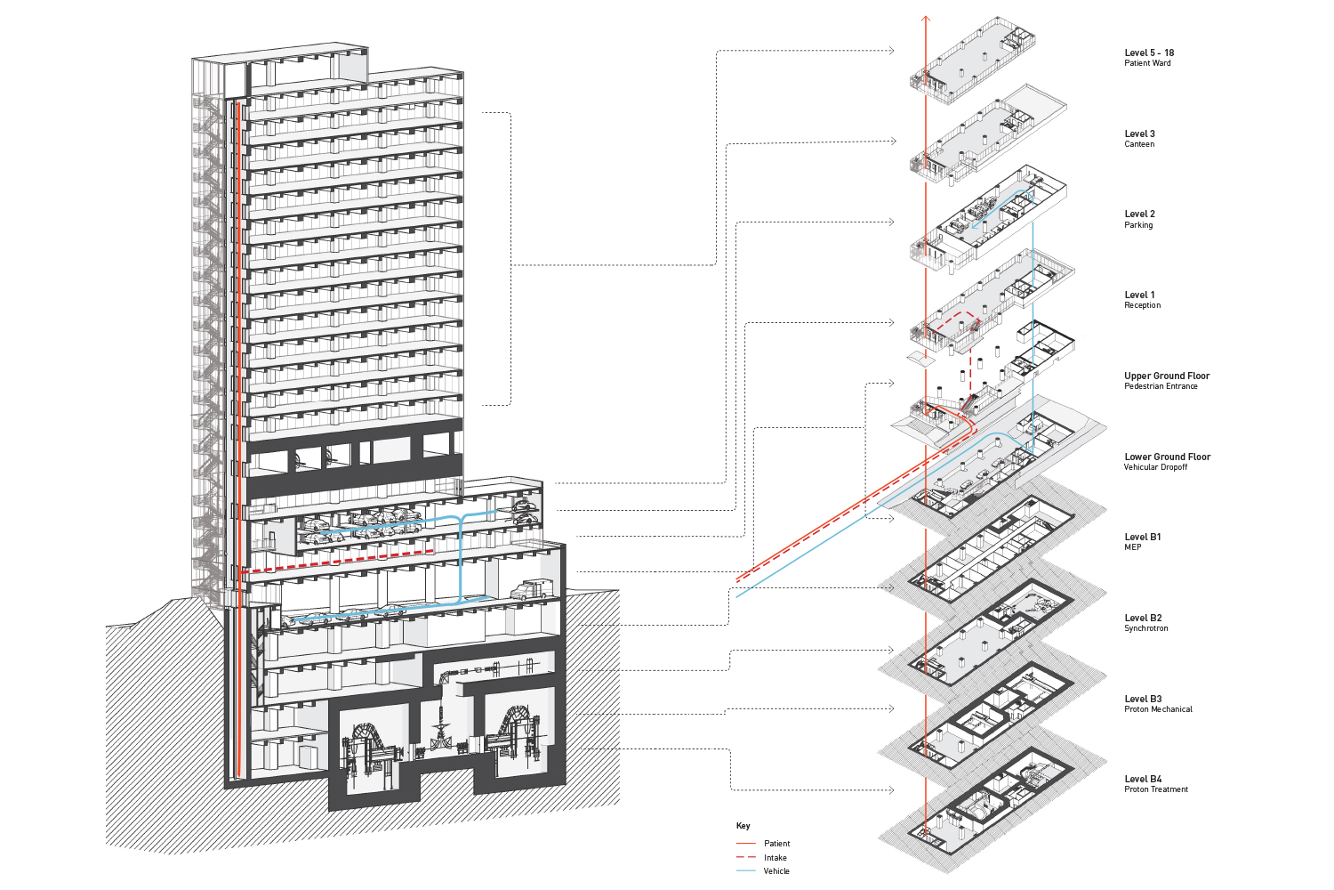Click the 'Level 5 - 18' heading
(x=1148, y=53)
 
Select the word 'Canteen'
(x=1139, y=144)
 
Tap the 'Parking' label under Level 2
(x=1138, y=225)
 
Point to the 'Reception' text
(x=1142, y=305)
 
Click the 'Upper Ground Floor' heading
(x=1167, y=376)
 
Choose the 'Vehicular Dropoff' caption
(x=1155, y=467)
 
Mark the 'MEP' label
(x=1132, y=547)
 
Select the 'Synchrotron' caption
(x=1145, y=628)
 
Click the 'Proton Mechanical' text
(x=1158, y=709)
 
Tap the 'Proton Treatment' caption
(x=1155, y=789)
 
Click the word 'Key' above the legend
(x=743, y=826)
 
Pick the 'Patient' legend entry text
(x=776, y=844)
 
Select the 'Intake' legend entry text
(x=775, y=858)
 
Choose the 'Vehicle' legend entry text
(x=775, y=871)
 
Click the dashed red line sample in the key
(x=745, y=857)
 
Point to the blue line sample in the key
(x=745, y=870)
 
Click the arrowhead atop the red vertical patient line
(x=926, y=19)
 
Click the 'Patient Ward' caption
(x=1147, y=63)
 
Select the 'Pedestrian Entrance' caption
(x=1161, y=386)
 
